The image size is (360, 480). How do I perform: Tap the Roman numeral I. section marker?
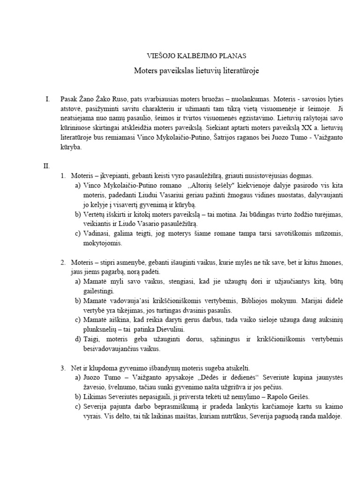click(x=47, y=99)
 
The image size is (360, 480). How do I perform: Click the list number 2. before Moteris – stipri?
click(x=63, y=261)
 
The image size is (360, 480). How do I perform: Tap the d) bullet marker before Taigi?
click(x=77, y=340)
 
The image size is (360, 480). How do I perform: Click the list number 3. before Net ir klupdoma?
click(x=63, y=367)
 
